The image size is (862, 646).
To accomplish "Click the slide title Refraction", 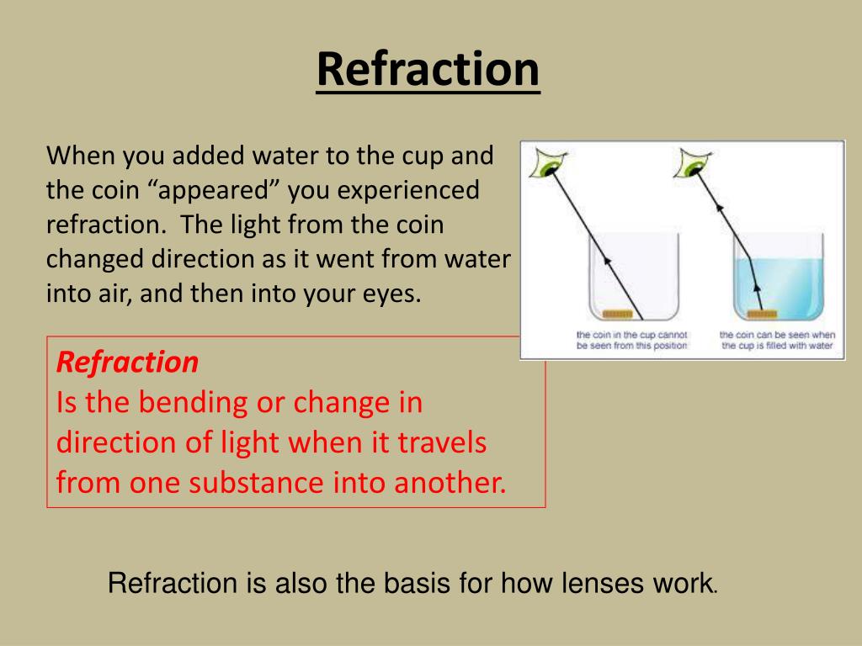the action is point(428,69).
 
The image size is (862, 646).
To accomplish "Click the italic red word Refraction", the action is point(127,363).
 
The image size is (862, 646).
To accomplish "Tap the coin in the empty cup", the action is point(620,315).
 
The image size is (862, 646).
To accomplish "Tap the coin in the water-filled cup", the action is point(763,315).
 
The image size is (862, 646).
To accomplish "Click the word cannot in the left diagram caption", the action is point(672,336).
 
